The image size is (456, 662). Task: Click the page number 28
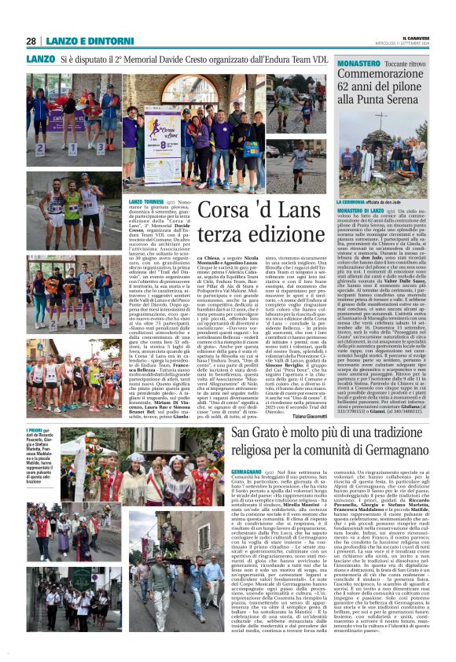coord(31,41)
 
